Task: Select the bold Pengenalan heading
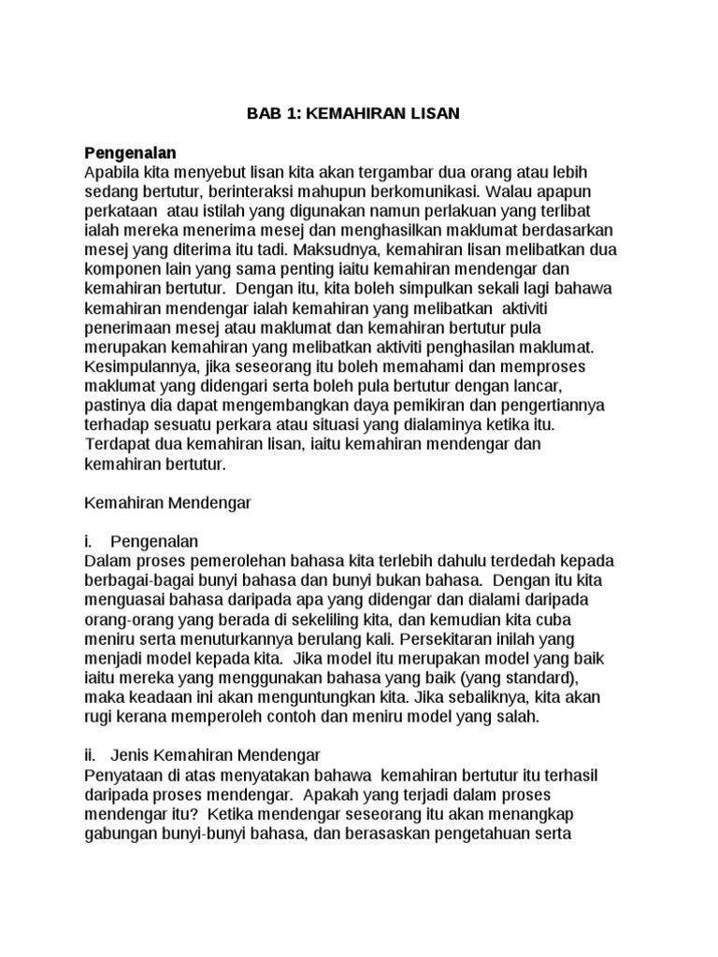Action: [x=130, y=152]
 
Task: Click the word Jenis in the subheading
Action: [x=129, y=756]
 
